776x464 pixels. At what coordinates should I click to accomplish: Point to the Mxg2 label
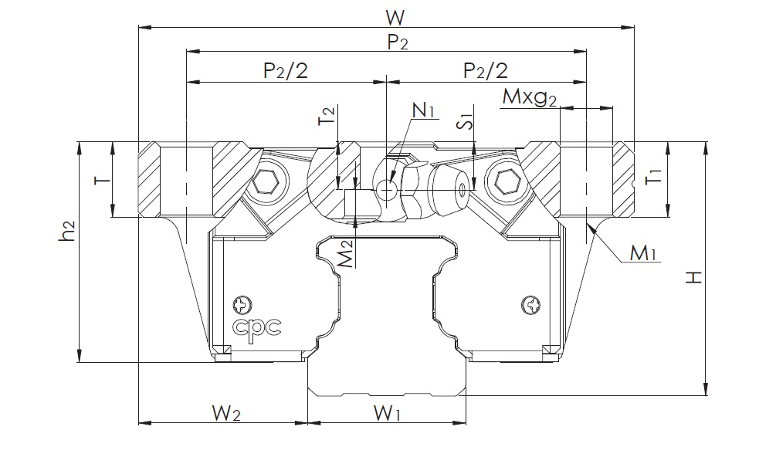(529, 98)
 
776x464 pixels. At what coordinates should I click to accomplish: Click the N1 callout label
(424, 110)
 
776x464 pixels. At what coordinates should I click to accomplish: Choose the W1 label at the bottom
(386, 414)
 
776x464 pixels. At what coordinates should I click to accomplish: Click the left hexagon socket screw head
(268, 183)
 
